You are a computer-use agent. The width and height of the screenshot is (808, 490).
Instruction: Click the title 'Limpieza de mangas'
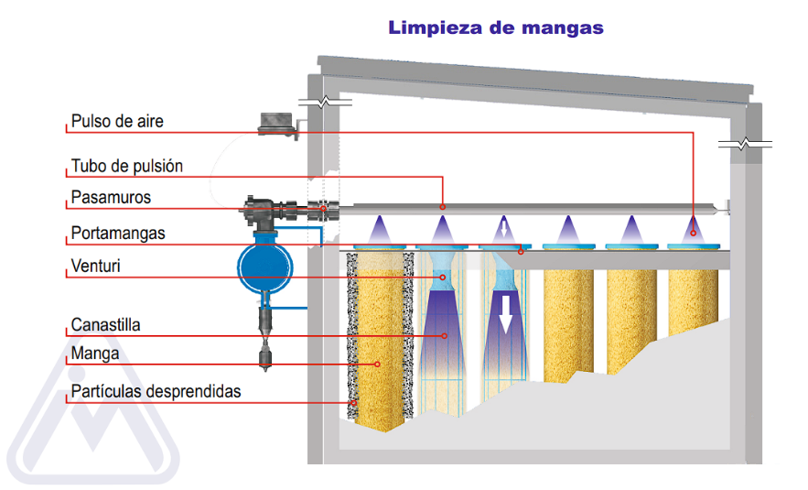[x=496, y=27]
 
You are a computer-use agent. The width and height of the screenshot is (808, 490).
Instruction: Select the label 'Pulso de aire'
[x=117, y=121]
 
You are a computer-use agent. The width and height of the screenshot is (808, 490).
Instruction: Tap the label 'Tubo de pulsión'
[x=127, y=167]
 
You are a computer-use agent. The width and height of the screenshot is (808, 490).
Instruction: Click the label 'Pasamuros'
[x=111, y=198]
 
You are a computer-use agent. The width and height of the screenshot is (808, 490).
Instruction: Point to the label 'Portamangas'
[x=118, y=234]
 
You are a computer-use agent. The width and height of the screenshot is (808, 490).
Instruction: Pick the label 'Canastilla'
[x=106, y=325]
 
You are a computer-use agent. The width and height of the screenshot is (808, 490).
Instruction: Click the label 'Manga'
[x=95, y=354]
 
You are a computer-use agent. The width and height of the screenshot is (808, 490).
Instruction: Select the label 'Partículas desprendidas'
[x=156, y=392]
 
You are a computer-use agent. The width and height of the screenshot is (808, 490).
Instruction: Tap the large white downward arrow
[x=504, y=312]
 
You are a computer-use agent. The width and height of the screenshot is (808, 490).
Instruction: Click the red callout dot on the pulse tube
[x=443, y=206]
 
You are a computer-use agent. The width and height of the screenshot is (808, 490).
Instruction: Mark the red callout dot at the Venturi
[x=443, y=274]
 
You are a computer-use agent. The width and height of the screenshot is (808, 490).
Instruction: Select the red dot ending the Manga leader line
[x=377, y=364]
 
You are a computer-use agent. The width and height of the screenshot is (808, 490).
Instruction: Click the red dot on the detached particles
[x=352, y=401]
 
